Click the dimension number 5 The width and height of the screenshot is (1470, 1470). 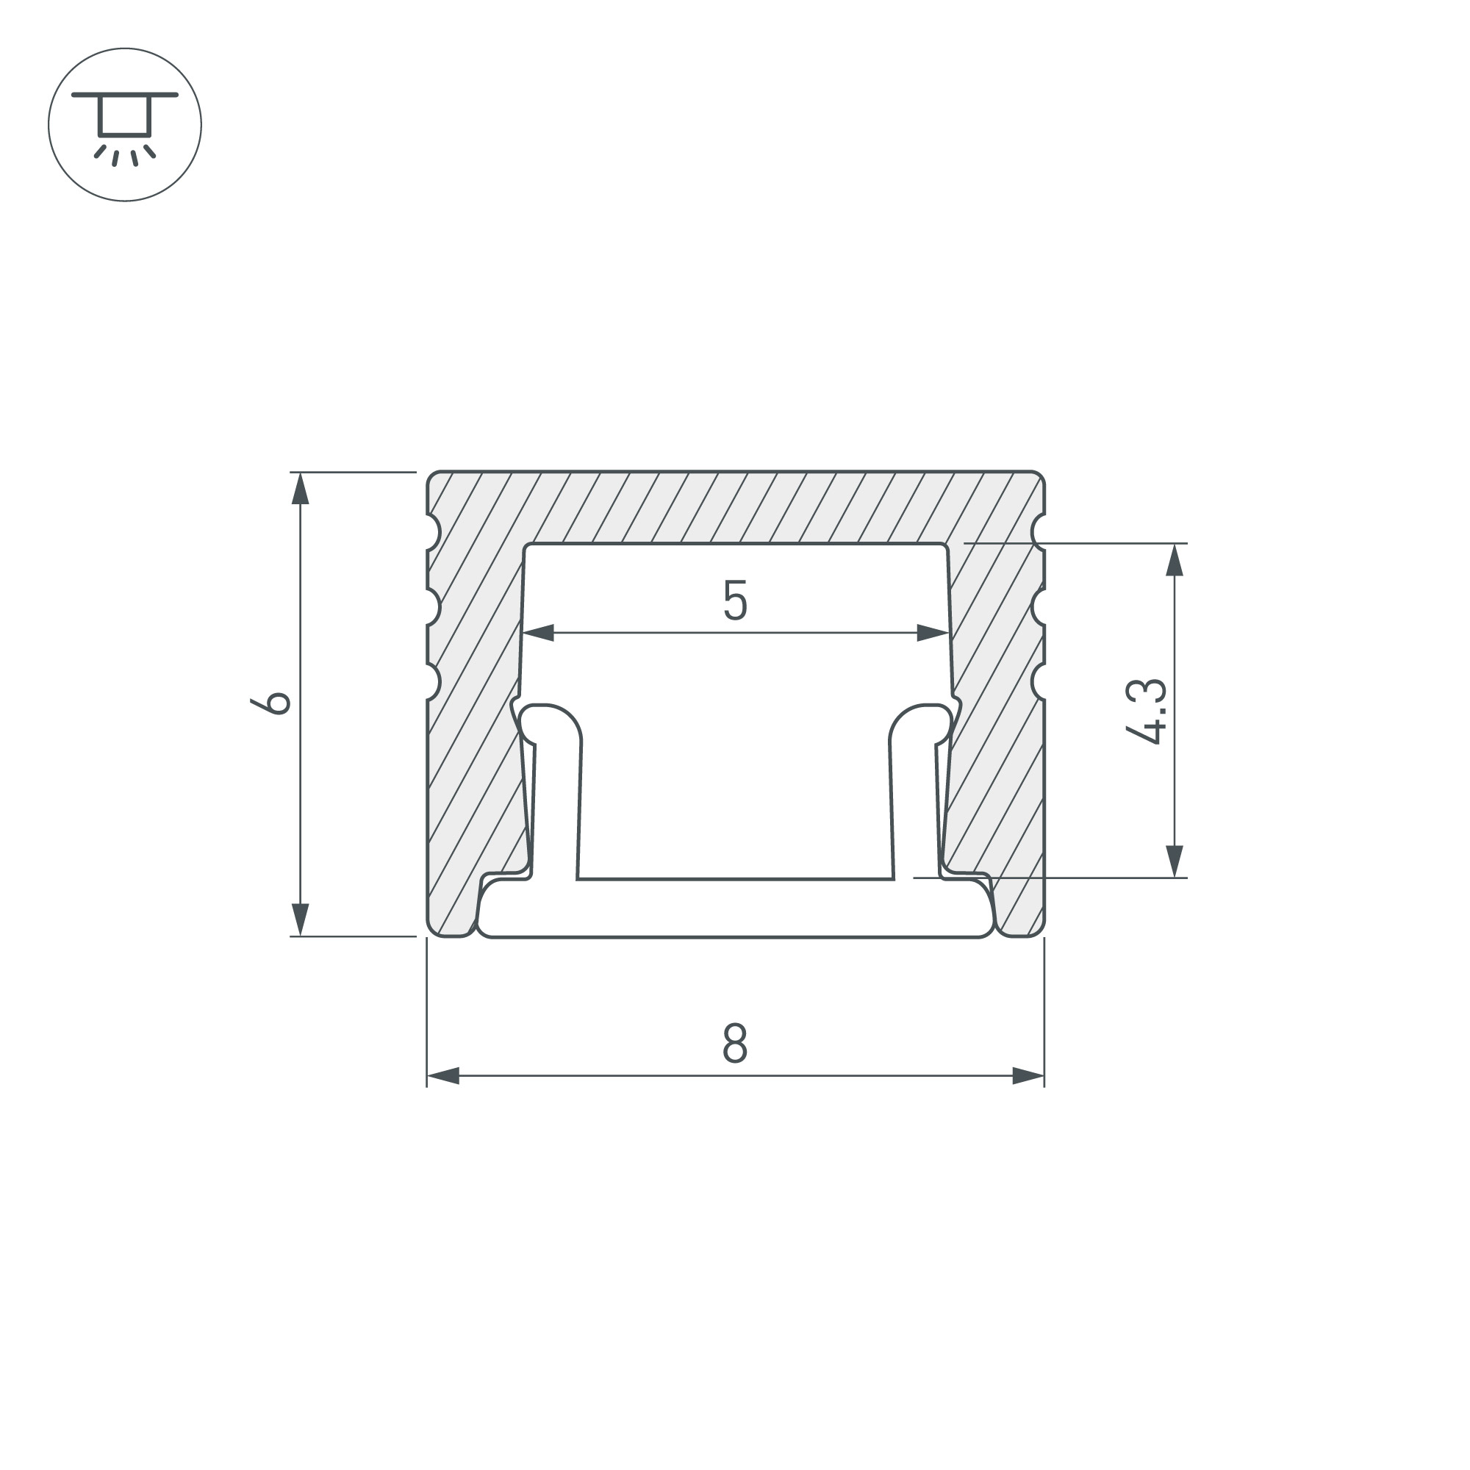click(x=735, y=600)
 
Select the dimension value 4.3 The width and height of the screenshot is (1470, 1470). click(x=1145, y=711)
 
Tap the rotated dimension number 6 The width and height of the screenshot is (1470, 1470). click(x=271, y=704)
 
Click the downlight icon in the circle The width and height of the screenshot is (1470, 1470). click(x=125, y=125)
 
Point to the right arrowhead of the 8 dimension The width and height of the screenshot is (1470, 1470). click(x=1028, y=1076)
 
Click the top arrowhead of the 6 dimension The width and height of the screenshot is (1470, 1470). click(x=301, y=490)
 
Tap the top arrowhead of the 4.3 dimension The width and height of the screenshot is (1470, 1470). click(x=1175, y=561)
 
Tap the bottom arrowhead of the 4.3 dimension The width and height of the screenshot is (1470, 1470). click(x=1175, y=861)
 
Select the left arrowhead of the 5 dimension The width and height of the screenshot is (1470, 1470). click(x=539, y=632)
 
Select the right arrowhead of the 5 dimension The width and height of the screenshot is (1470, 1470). click(x=933, y=632)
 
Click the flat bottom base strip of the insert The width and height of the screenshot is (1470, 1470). click(x=735, y=908)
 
